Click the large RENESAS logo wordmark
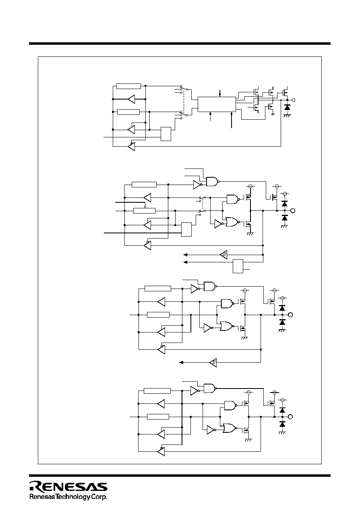(68, 486)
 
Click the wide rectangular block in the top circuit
(217, 104)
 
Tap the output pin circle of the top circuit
(294, 100)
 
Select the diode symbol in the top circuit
(287, 107)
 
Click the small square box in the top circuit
(166, 134)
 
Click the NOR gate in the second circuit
(232, 222)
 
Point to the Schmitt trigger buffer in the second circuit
(224, 255)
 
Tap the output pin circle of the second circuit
(293, 211)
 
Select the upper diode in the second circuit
(284, 204)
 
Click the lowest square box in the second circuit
(238, 266)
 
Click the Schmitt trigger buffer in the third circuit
(213, 362)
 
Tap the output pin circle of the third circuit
(290, 315)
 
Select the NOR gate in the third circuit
(227, 326)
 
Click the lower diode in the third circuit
(282, 322)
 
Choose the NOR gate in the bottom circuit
(230, 428)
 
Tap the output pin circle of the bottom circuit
(290, 417)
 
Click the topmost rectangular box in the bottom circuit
(157, 391)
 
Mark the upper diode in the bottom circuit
(282, 410)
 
